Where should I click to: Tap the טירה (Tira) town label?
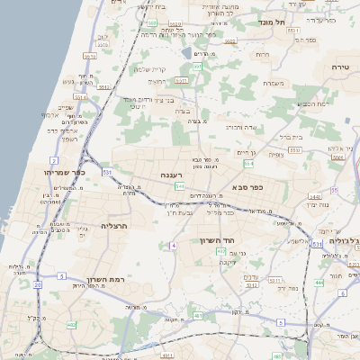[340, 67]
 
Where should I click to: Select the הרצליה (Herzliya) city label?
[117, 226]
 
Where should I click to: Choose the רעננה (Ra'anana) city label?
[174, 175]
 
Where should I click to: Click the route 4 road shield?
[172, 245]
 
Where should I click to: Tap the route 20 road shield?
[38, 284]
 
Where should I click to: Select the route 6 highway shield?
[281, 322]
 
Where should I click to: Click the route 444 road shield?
[319, 282]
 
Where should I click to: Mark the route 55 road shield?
[334, 191]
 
